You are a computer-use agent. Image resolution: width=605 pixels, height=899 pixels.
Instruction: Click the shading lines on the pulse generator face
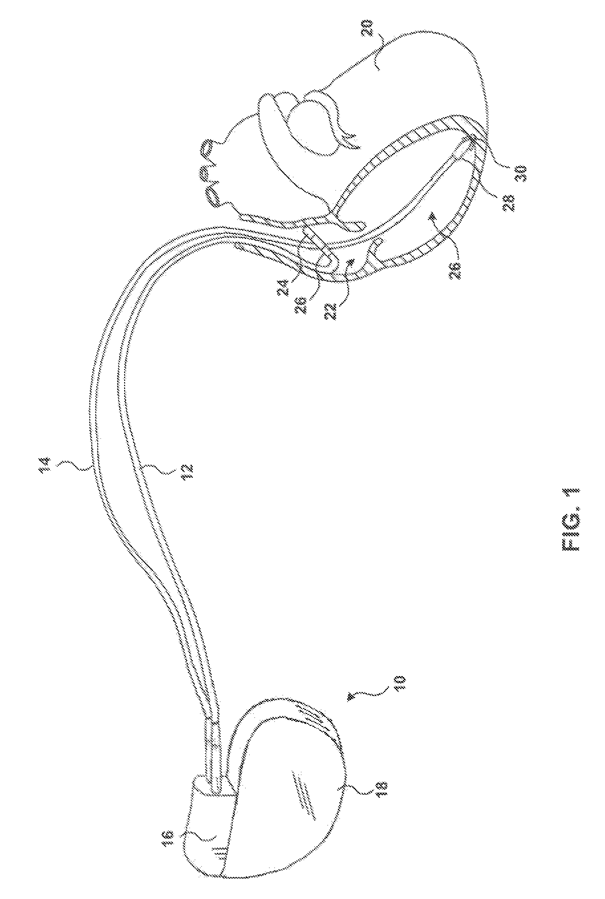click(x=303, y=803)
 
